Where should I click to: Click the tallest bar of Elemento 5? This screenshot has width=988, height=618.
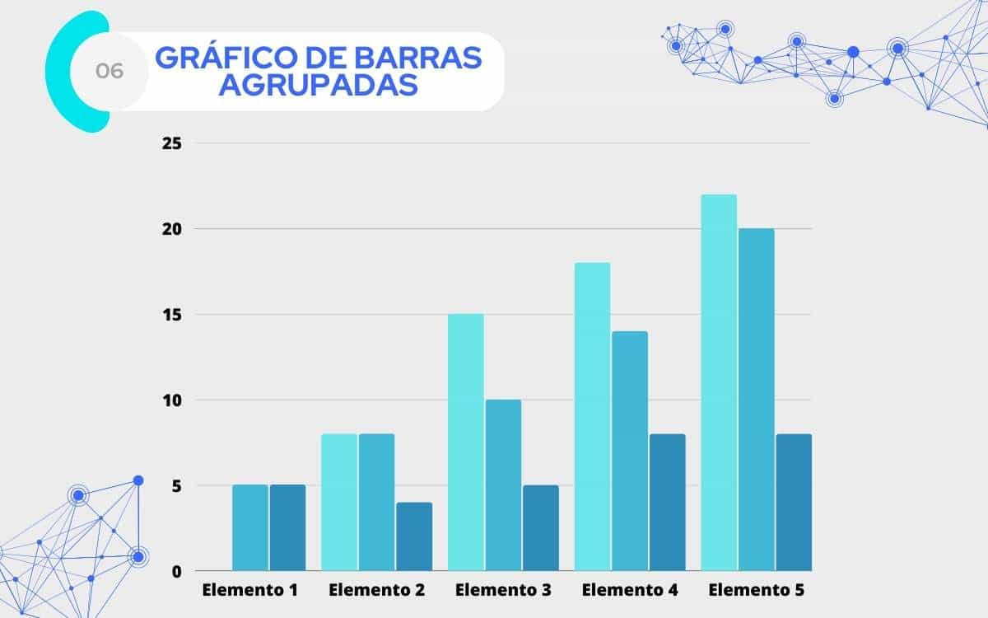(719, 382)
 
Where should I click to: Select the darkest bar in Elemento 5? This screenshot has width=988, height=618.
(795, 502)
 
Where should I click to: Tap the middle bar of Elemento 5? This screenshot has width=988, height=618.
(757, 400)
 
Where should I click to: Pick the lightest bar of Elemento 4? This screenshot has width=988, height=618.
(592, 416)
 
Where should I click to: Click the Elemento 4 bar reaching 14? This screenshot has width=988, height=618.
(630, 451)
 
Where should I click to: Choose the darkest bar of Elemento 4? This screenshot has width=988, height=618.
(668, 502)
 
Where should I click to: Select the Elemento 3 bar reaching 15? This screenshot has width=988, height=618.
(466, 442)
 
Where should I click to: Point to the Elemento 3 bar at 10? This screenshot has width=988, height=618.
(503, 485)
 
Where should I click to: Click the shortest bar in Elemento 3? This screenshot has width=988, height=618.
(541, 528)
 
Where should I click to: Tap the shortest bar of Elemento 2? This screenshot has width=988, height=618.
(414, 536)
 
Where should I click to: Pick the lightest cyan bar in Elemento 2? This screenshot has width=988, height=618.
(339, 502)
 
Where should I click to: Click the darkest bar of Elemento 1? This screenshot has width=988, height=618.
(288, 528)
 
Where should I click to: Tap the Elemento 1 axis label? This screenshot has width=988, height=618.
(250, 591)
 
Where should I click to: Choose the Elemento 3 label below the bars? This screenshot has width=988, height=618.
(503, 591)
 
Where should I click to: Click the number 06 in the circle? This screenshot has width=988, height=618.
(110, 72)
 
